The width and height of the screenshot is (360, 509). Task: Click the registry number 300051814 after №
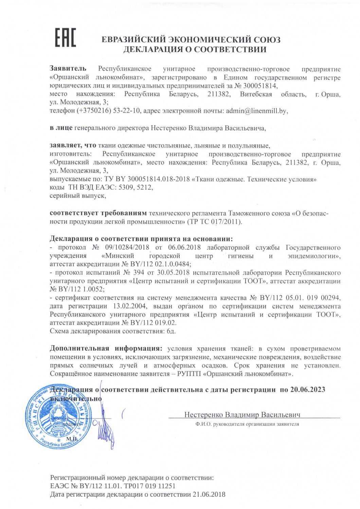pyautogui.click(x=258, y=86)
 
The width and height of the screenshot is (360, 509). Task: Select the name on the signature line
pyautogui.click(x=242, y=415)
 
